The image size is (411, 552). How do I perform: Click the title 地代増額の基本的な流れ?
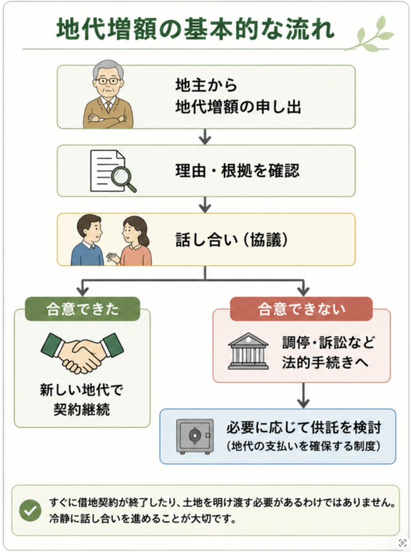195,29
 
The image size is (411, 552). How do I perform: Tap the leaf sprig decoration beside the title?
369,34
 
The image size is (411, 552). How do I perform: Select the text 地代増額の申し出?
238,107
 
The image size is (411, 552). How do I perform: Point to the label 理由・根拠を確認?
237,171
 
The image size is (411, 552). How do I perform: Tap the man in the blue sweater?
88,240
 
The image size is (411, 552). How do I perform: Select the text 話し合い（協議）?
232,240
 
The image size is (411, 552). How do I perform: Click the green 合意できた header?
82,309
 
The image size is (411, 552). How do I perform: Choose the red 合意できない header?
301,309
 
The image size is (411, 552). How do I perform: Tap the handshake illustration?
82,353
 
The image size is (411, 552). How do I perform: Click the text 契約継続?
82,409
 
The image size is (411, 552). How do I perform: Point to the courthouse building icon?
248,351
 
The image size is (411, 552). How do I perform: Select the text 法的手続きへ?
325,362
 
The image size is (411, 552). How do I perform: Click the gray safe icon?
194,437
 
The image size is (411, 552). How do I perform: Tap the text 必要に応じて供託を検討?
304,427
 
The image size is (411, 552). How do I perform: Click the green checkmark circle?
30,510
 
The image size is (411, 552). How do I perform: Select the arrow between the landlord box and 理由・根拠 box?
205,137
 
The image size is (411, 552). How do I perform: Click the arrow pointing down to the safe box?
303,396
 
